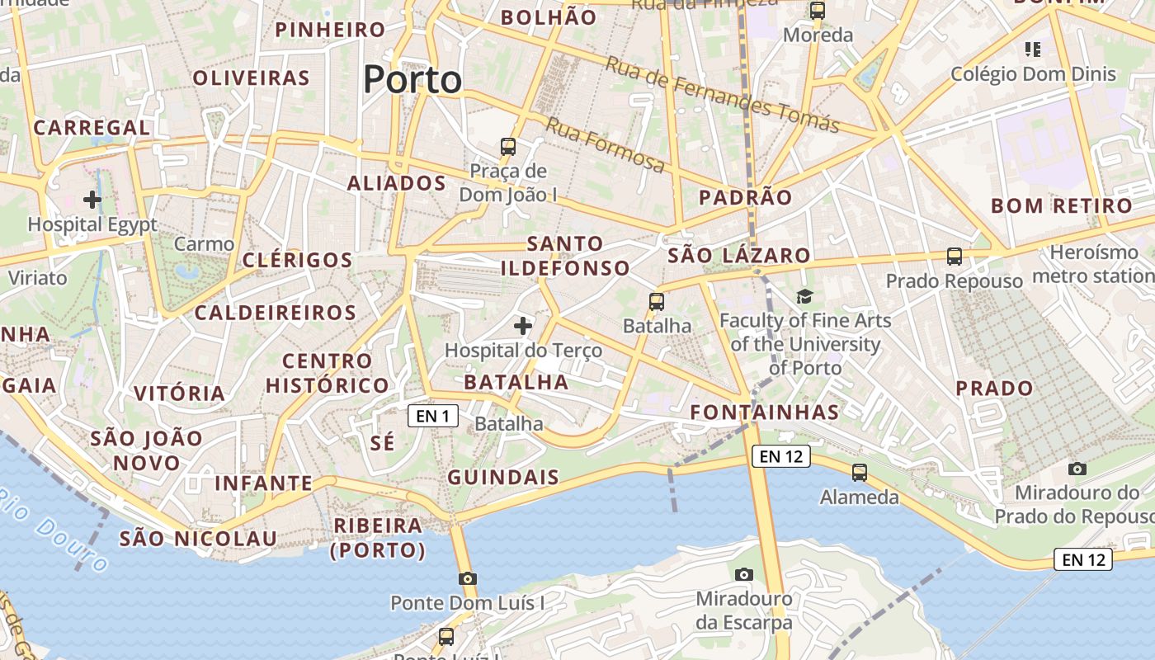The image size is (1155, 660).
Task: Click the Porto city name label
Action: coord(412,80)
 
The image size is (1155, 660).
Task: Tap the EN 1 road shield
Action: coord(433,416)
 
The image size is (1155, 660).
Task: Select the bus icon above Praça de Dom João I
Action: coord(508,147)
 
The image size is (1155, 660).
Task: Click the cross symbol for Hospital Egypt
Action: coord(92,199)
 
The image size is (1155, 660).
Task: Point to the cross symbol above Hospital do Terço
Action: coord(523,326)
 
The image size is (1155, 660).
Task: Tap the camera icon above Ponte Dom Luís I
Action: coord(468,578)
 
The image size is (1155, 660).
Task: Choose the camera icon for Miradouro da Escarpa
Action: coord(743,574)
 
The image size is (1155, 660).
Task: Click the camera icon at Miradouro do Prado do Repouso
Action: coord(1077,469)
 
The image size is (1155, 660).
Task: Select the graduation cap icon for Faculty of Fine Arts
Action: coord(804,296)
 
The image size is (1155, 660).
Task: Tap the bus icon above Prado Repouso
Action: coord(955,257)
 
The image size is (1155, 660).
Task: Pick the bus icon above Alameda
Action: coord(860,473)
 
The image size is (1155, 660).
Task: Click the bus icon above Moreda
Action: coord(818,11)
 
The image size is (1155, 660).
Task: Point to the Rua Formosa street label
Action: coord(605,146)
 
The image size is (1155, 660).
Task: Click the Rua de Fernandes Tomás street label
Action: coord(722,95)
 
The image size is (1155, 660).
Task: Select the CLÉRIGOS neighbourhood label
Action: coord(298,260)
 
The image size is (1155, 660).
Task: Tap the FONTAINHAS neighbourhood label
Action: coord(764,412)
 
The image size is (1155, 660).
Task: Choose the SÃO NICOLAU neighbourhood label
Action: coord(199,539)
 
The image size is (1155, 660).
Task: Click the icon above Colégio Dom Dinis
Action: coord(1032,49)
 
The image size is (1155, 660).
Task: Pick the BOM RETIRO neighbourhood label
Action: coord(1061,205)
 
